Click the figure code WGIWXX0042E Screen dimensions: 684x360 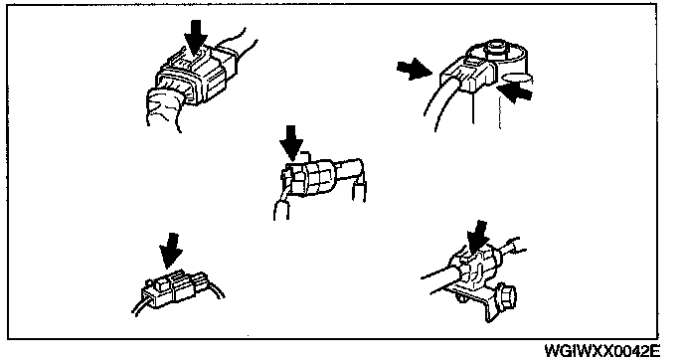[x=602, y=350]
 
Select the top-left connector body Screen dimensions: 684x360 [x=196, y=77]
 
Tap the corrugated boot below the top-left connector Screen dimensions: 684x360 [x=164, y=108]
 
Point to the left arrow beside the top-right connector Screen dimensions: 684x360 [x=414, y=70]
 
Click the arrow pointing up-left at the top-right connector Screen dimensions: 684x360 [x=515, y=92]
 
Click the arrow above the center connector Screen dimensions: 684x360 [x=292, y=143]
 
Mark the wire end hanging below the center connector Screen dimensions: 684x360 [x=281, y=210]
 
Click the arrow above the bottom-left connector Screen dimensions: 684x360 [x=171, y=250]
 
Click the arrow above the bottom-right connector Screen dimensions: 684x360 [x=478, y=237]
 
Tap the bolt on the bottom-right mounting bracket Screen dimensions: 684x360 [x=505, y=296]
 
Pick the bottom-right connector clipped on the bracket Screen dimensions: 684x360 [x=475, y=267]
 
